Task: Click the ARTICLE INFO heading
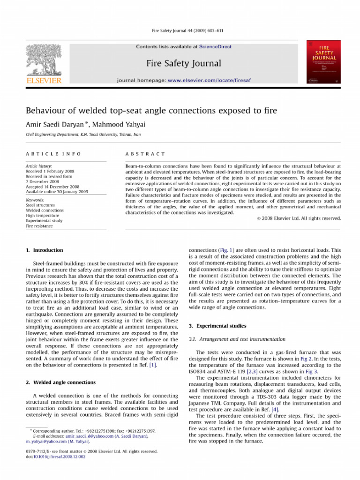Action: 53,154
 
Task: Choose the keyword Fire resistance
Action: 39,226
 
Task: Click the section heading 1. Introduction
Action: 45,250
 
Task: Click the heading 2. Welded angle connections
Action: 61,382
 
